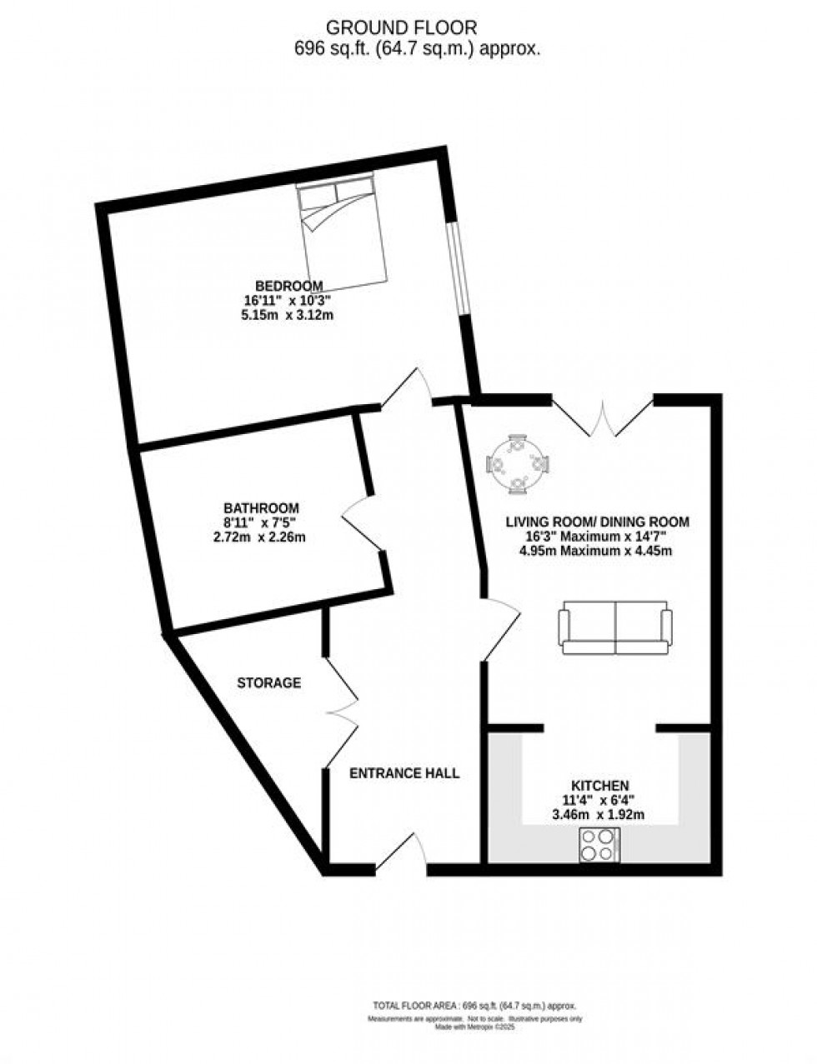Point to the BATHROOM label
[x=261, y=507]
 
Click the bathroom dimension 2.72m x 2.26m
[x=260, y=537]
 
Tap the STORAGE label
[x=268, y=683]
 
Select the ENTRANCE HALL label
[x=403, y=773]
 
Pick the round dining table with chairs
[x=519, y=463]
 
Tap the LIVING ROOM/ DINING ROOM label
[x=598, y=522]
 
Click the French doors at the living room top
[x=603, y=417]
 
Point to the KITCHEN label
[x=599, y=786]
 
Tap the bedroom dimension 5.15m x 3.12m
[x=288, y=315]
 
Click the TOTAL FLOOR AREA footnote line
[x=474, y=1006]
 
